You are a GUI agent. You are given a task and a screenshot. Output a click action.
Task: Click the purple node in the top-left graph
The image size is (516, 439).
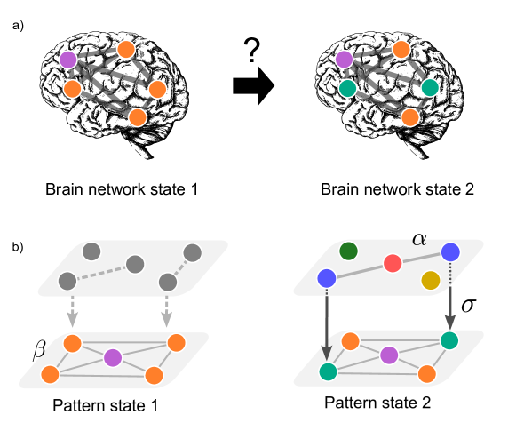coord(68,60)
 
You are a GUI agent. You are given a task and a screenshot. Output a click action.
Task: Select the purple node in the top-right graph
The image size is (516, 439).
coord(344,60)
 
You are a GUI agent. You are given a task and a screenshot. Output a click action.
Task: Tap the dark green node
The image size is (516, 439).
coord(348,251)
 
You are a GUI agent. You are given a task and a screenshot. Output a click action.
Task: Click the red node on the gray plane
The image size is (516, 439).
coord(393,263)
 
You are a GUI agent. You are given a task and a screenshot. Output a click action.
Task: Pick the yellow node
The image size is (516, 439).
coord(431,281)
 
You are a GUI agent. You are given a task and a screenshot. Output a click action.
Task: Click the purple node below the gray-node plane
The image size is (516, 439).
coord(113,357)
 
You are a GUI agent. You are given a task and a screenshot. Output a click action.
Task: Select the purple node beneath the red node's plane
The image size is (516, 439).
coord(389,355)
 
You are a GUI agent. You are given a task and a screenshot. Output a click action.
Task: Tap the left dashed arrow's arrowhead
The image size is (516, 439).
coord(73,319)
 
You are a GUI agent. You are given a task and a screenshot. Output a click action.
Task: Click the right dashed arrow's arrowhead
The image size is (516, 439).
coord(167,319)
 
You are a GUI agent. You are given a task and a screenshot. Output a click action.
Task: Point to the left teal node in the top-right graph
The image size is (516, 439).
coord(347,88)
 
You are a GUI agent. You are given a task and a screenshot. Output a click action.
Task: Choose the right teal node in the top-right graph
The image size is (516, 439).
coord(430,87)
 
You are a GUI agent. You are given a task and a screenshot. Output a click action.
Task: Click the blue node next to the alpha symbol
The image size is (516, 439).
coord(450,252)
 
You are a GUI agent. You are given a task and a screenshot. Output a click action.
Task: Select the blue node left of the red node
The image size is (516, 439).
coord(327,278)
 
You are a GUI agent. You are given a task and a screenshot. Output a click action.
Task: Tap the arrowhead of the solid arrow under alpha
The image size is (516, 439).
coord(450,321)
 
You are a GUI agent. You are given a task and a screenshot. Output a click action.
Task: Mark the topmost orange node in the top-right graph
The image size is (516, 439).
coord(401,49)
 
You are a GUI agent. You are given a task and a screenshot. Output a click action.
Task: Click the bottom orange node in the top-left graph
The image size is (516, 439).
coord(138,117)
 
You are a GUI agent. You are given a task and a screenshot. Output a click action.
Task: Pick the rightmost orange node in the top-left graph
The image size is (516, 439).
coord(157,89)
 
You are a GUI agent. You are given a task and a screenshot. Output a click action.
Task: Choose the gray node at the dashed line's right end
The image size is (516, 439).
coord(135,264)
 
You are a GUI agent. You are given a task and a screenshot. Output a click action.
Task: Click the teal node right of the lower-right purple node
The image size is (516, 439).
coord(449,340)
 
